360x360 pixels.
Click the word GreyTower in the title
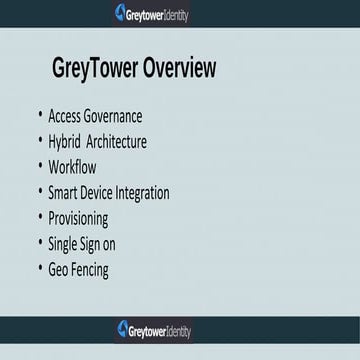point(94,69)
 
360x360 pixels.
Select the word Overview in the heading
point(179,69)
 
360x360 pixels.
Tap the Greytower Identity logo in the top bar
point(152,14)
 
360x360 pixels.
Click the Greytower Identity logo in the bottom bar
point(152,327)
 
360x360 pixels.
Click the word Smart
point(66,193)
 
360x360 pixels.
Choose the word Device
point(107,193)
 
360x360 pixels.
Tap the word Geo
point(61,270)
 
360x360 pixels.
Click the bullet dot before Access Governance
point(38,113)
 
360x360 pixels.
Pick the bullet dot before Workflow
point(38,164)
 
